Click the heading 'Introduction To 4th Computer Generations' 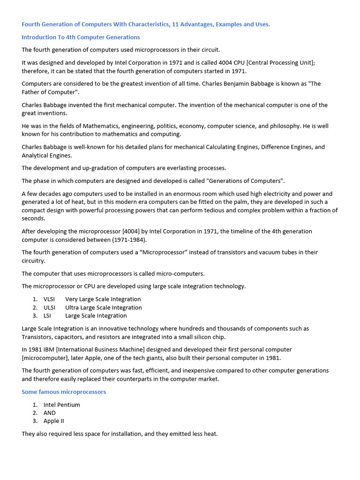(x=81, y=37)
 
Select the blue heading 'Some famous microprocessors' (x=64, y=392)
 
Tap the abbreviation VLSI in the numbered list (x=49, y=299)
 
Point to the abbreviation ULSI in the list (x=49, y=307)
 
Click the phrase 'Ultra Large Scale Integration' (x=103, y=307)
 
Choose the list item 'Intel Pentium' (x=61, y=405)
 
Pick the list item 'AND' (x=49, y=413)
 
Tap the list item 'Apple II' (x=53, y=421)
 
